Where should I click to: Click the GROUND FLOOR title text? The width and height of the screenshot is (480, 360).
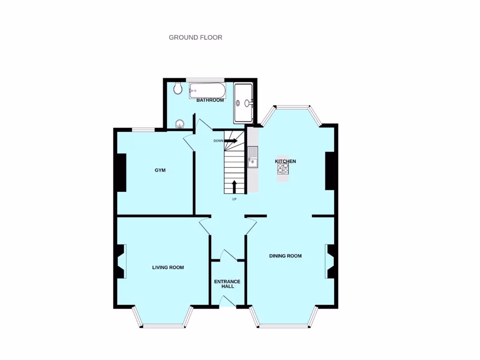point(195,37)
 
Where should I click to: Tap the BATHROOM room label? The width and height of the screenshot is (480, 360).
point(210,100)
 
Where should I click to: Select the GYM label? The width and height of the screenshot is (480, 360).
point(160,170)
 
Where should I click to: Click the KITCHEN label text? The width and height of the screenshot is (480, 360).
point(285,161)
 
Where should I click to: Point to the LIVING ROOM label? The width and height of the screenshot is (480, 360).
point(168,268)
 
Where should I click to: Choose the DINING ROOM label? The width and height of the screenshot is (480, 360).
point(285,256)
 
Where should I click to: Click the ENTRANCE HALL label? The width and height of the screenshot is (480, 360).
point(227,284)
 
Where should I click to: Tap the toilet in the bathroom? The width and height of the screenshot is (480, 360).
point(177,88)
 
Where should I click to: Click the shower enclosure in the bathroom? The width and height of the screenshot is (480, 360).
point(244,102)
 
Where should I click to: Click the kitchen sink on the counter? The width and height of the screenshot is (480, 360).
point(252,157)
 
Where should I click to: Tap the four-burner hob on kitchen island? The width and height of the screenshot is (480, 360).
point(283,168)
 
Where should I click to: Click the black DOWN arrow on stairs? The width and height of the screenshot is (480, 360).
point(231,141)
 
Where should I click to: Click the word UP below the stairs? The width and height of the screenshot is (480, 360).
point(234,199)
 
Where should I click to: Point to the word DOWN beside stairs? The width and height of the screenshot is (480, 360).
point(218,141)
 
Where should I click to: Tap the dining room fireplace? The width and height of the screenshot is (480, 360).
point(330,262)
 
